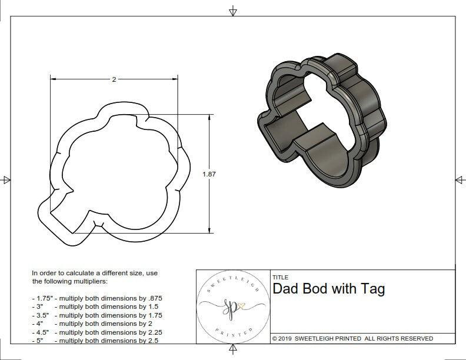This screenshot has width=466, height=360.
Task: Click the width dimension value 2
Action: (114, 79)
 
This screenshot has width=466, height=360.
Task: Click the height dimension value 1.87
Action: (209, 174)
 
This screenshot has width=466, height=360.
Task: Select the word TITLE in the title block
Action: (280, 277)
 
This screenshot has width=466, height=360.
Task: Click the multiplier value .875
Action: (153, 298)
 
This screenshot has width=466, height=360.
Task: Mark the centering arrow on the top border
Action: (233, 11)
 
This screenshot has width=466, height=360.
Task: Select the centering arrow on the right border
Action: (459, 179)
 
